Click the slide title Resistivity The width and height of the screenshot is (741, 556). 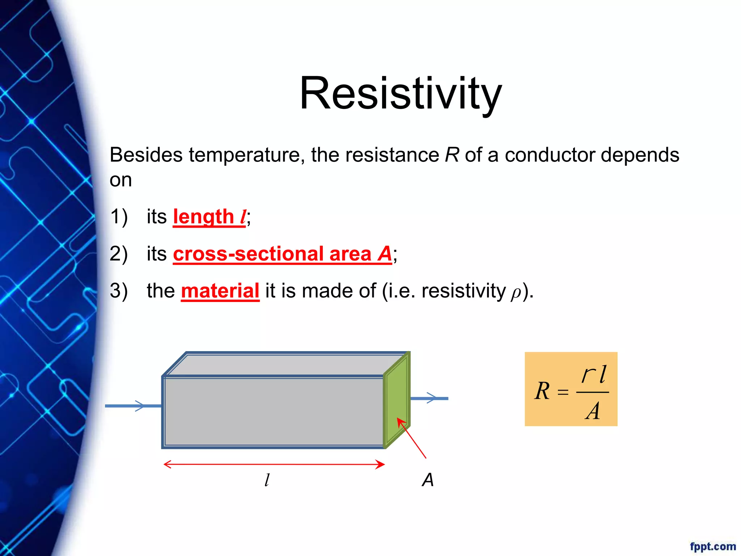401,93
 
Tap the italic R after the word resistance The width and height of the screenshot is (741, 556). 452,155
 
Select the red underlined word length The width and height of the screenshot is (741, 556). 203,217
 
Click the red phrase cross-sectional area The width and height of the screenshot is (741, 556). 272,254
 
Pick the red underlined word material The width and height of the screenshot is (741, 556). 220,291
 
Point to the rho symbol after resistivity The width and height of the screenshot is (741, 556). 516,293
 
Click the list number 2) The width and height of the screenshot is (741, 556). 119,254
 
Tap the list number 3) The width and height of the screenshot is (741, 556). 119,291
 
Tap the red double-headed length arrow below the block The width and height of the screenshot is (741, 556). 274,464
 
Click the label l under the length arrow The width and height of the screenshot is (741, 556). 267,480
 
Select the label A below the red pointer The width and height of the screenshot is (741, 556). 428,480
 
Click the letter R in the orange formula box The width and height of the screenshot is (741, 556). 542,391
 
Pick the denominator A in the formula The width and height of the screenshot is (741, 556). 592,411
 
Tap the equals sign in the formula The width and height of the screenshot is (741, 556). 563,392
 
